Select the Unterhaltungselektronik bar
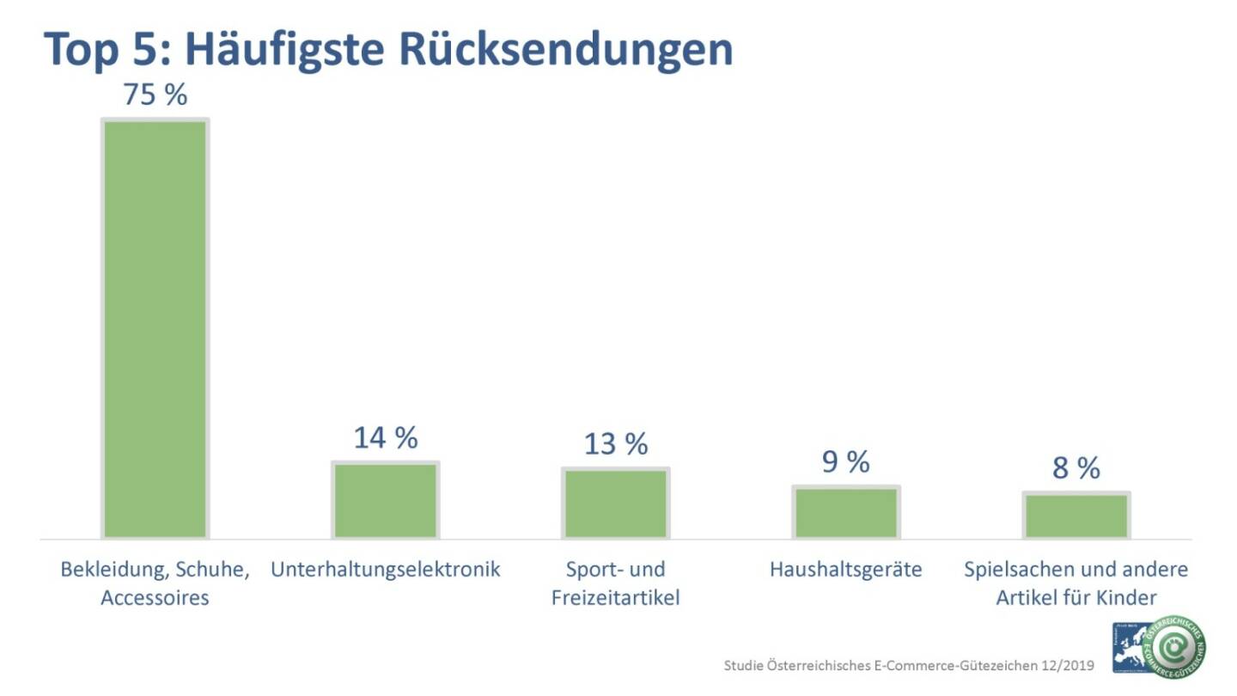[x=386, y=500]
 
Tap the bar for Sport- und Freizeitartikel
[x=615, y=503]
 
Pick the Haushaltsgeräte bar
[x=845, y=512]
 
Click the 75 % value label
[x=155, y=95]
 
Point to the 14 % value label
[x=386, y=437]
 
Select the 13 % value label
[x=615, y=444]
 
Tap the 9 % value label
[x=845, y=462]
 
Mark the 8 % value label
[x=1076, y=468]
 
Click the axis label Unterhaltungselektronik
[x=386, y=570]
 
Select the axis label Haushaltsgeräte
[x=845, y=570]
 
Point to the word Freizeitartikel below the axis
[x=615, y=597]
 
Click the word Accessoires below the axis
[x=155, y=597]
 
